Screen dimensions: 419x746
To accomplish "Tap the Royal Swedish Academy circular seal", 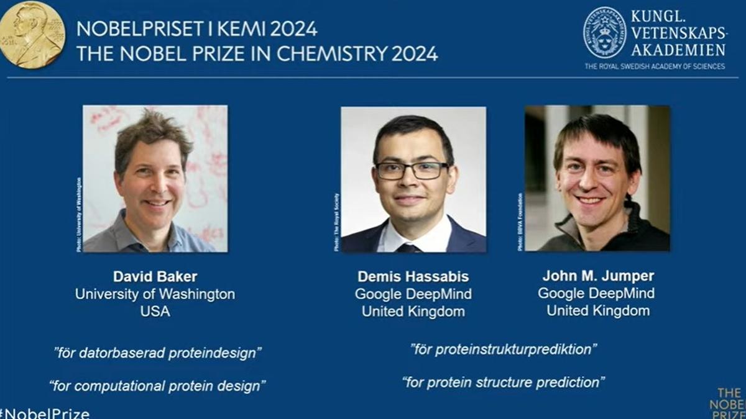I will click(x=604, y=33).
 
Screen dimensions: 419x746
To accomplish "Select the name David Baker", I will click(x=155, y=277).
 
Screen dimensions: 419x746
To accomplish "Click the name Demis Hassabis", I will click(x=413, y=277).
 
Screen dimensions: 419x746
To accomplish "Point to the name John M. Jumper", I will click(x=597, y=276).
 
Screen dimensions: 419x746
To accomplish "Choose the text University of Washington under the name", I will click(x=155, y=294).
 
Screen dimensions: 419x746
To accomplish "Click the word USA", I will click(x=155, y=312).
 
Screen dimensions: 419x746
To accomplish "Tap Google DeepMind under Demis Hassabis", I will click(x=413, y=294).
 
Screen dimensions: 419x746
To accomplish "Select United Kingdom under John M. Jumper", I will click(x=597, y=310).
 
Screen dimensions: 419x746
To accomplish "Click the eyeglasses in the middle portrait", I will click(x=412, y=170).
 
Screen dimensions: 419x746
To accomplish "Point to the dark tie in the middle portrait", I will click(x=408, y=248).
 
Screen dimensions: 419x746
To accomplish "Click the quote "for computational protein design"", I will click(x=157, y=386).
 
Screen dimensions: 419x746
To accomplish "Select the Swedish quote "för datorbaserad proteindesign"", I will click(x=157, y=353).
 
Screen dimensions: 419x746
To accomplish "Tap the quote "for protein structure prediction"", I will click(x=503, y=382).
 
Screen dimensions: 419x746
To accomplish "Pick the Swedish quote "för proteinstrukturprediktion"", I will click(x=504, y=349).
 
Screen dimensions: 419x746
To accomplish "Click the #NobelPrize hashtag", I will click(x=45, y=413).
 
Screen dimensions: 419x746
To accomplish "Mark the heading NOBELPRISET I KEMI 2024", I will click(x=196, y=29).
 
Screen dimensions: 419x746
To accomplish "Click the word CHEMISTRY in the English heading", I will click(x=332, y=53).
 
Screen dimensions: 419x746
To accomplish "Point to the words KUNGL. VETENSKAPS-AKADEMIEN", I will click(x=678, y=33).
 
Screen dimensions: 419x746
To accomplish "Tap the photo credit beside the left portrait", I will click(x=79, y=214).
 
